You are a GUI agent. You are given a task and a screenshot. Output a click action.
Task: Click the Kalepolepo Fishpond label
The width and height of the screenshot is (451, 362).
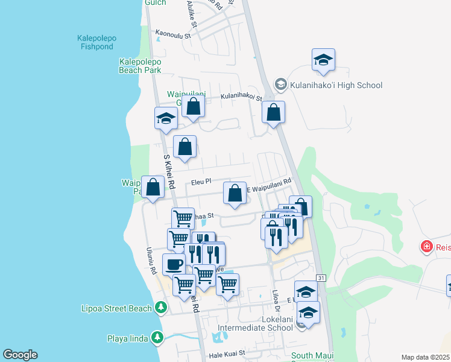(x=96, y=42)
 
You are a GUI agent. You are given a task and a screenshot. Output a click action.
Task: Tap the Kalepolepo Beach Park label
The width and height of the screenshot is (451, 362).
(x=140, y=66)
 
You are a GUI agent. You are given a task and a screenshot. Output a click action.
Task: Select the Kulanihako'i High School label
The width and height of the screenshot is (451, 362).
(x=336, y=85)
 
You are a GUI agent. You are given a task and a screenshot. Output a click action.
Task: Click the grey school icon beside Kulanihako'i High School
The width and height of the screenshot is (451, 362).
(x=280, y=84)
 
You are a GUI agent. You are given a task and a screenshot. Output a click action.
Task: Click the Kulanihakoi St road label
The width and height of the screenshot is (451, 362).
(x=241, y=97)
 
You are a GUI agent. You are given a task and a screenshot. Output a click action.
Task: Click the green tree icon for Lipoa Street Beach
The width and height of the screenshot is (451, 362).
(x=160, y=308)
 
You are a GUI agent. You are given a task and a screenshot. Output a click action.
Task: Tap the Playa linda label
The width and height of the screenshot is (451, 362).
(x=127, y=338)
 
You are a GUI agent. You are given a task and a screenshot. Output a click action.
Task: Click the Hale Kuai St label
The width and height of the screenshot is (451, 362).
(x=225, y=354)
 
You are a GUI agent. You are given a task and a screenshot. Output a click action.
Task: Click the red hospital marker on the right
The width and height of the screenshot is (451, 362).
(x=426, y=246)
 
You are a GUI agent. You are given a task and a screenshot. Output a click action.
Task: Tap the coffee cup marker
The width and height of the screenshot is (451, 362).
(x=174, y=264)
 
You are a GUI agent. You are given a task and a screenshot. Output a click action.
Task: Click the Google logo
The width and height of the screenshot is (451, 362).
(x=20, y=355)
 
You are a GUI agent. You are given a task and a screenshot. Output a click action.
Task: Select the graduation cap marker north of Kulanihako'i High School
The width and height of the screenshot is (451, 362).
(x=324, y=60)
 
